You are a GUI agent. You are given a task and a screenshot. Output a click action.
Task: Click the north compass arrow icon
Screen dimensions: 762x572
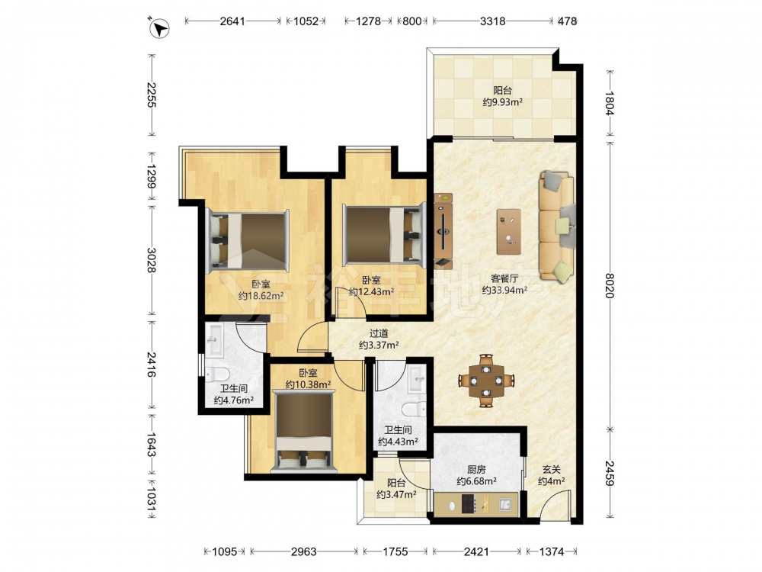tap(158, 27)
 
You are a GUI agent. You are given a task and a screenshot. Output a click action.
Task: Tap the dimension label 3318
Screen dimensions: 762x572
tap(492, 21)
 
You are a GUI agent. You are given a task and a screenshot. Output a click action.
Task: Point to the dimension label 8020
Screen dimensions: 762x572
tap(610, 285)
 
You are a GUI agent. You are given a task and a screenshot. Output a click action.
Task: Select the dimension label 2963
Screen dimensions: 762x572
tap(303, 551)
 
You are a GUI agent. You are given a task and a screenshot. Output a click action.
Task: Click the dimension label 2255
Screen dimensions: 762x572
tap(152, 95)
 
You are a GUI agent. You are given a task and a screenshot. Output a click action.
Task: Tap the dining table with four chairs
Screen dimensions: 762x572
tap(486, 381)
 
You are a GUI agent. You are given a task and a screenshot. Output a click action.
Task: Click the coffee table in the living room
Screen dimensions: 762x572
tap(509, 232)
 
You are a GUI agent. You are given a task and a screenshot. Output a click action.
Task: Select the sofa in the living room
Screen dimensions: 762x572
tap(557, 227)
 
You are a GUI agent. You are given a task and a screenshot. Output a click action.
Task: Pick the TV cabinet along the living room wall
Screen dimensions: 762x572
tap(443, 230)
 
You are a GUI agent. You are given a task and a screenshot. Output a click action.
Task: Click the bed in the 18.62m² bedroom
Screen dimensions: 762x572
tap(248, 241)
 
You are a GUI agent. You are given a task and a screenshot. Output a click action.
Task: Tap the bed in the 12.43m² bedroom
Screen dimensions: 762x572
tap(382, 235)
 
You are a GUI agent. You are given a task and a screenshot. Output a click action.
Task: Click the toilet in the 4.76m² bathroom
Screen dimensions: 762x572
tap(217, 375)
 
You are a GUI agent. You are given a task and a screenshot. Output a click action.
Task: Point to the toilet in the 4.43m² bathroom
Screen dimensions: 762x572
tap(414, 410)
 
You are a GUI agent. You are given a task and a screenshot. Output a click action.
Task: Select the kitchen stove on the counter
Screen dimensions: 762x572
tap(468, 504)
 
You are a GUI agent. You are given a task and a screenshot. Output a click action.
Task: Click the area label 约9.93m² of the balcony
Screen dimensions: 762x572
tap(502, 102)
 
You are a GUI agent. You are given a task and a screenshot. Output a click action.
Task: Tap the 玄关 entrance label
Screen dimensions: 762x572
tap(552, 469)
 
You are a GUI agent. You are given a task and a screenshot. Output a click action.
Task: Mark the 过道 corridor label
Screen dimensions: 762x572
tap(379, 333)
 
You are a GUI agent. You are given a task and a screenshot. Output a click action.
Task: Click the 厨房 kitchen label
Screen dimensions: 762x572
tap(476, 469)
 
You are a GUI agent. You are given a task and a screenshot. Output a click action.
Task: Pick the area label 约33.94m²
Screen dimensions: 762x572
tap(505, 291)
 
